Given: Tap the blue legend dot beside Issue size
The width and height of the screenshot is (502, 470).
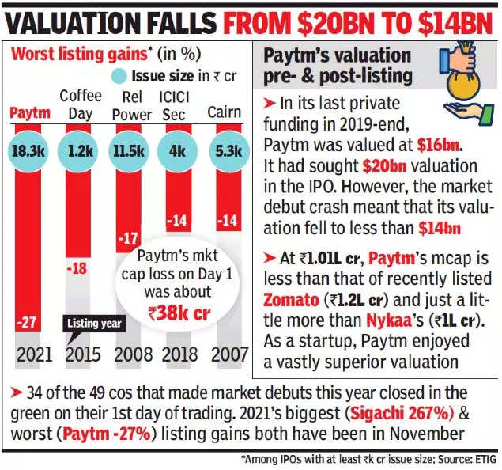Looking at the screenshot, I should pos(118,77).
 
